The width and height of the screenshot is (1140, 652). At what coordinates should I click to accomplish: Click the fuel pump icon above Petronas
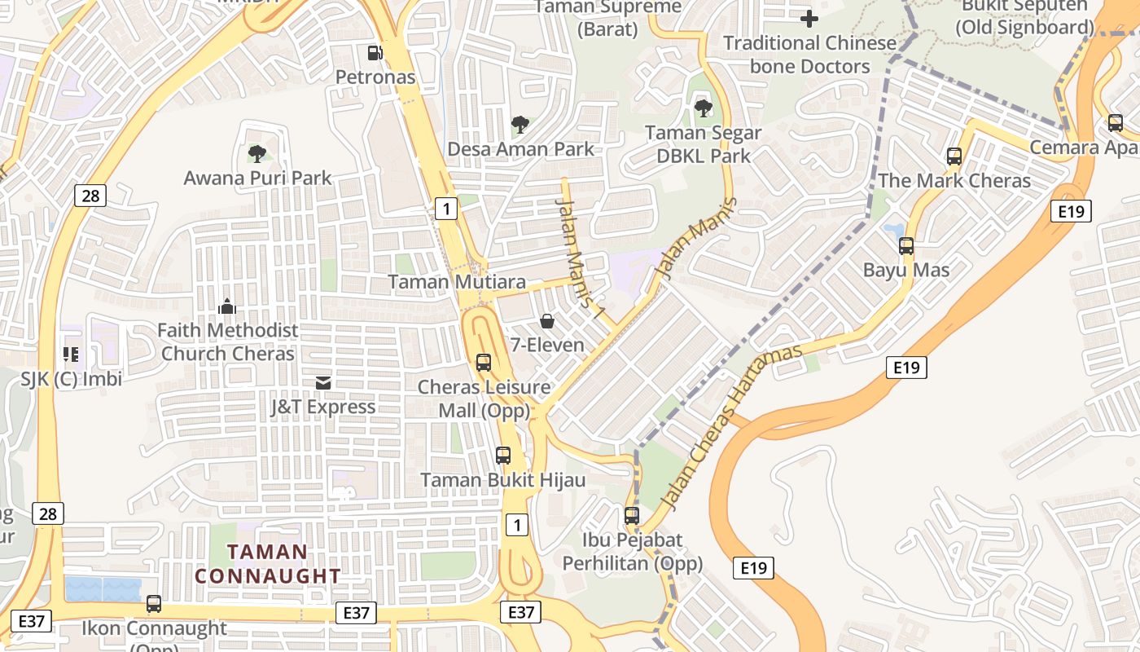pos(375,53)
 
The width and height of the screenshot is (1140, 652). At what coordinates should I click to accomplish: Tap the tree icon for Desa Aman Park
pos(520,125)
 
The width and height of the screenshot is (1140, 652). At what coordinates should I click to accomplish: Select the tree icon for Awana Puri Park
pos(257,153)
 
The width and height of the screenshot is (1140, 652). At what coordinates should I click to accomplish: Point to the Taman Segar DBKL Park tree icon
pos(703,108)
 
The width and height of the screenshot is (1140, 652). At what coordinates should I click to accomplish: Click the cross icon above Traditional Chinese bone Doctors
pos(809,18)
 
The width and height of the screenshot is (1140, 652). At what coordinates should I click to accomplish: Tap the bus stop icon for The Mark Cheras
pos(954,156)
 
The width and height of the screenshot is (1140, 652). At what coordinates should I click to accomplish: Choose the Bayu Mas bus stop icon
pos(906,246)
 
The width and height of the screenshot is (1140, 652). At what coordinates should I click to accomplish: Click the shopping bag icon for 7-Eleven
pos(547,321)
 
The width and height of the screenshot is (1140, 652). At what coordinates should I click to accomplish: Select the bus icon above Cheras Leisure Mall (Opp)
pos(484,363)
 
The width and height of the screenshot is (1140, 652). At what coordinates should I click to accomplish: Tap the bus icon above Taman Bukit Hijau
pos(503,456)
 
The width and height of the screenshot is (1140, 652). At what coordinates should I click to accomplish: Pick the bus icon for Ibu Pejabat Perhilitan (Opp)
pos(632,516)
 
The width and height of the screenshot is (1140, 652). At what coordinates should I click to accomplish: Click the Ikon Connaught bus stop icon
pos(154,604)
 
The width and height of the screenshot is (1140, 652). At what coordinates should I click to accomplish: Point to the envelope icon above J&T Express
pos(323,382)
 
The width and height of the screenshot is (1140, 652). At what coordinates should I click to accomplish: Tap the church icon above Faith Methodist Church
pos(227,306)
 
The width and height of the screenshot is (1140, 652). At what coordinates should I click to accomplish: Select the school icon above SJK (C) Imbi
pos(71,355)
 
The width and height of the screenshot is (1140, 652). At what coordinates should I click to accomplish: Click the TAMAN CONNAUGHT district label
pos(268,564)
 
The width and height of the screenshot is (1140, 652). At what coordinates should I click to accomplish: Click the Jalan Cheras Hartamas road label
pos(732,427)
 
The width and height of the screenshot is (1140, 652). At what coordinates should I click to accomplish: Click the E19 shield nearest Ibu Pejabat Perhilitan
pos(753,568)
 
